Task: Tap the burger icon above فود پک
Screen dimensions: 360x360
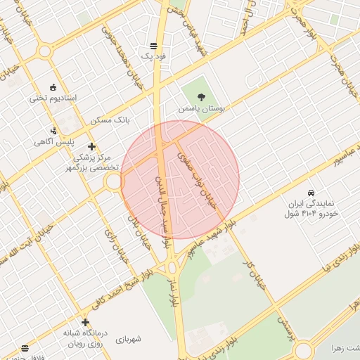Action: pyautogui.click(x=153, y=45)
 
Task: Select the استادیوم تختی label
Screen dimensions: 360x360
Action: pyautogui.click(x=56, y=97)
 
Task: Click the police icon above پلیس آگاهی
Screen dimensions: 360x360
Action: pyautogui.click(x=54, y=130)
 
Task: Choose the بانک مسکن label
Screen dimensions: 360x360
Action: pyautogui.click(x=110, y=121)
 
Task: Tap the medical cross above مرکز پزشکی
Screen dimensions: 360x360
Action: pyautogui.click(x=91, y=147)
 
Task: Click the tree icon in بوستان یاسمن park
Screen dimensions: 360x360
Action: pyautogui.click(x=202, y=98)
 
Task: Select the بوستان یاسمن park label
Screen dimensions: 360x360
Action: pyautogui.click(x=202, y=110)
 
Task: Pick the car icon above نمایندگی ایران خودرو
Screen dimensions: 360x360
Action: pyautogui.click(x=311, y=192)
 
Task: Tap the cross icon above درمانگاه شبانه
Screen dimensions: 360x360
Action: pyautogui.click(x=85, y=322)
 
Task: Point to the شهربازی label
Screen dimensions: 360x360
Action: pyautogui.click(x=129, y=339)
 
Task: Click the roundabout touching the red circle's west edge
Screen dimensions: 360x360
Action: pyautogui.click(x=113, y=182)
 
